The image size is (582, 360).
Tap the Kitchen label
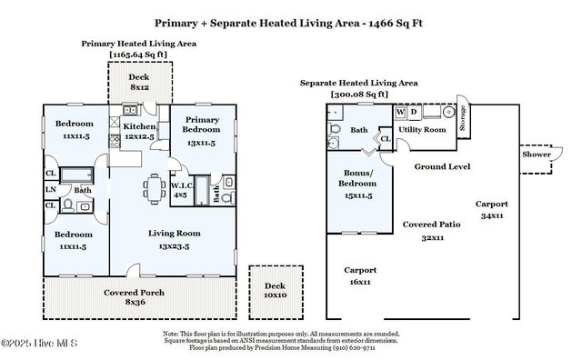pyautogui.click(x=139, y=126)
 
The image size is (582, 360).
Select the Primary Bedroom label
pyautogui.click(x=199, y=125)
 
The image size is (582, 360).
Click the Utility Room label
pyautogui.click(x=422, y=130)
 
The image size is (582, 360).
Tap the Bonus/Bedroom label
pyautogui.click(x=357, y=177)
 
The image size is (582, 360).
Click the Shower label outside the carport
pyautogui.click(x=537, y=155)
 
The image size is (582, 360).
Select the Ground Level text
pyautogui.click(x=442, y=167)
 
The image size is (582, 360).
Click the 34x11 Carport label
pyautogui.click(x=494, y=204)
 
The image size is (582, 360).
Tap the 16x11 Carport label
pyautogui.click(x=360, y=270)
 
